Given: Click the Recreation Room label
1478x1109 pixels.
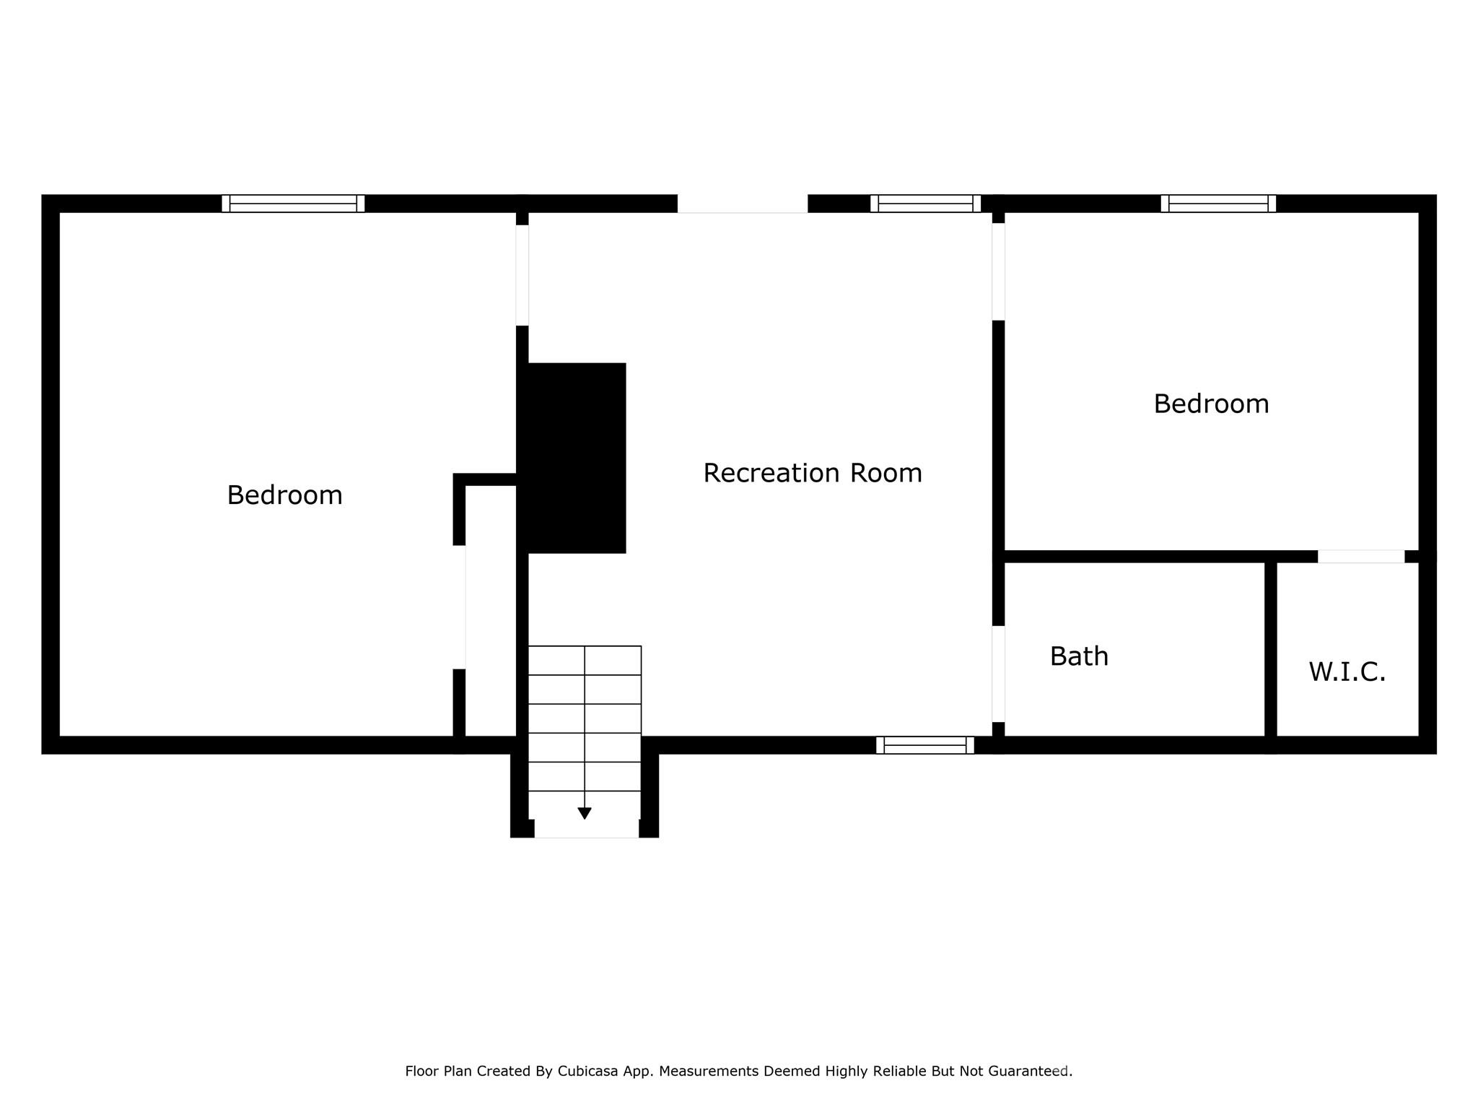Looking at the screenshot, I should pos(813,474).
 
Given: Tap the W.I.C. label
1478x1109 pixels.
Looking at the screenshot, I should pos(1347,672).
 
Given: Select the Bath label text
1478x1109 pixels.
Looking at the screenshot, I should pos(1079,656).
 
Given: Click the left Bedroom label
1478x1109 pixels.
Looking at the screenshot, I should pos(284,495).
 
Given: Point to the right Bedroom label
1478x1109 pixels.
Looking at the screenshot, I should pos(1211,404).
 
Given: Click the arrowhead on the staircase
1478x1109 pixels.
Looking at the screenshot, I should pos(585,814).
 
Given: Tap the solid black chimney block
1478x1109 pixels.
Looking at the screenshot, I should pos(576,458).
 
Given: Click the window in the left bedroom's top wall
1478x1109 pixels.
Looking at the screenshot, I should pos(293,204).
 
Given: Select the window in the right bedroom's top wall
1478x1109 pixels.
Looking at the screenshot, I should pos(1218,204).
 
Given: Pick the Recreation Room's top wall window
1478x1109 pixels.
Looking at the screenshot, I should pos(925,204).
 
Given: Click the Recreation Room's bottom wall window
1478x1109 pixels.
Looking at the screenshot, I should pos(925,745).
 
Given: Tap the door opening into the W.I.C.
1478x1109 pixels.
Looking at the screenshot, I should pos(1361,557).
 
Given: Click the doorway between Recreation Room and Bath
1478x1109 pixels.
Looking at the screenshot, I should pos(999,674).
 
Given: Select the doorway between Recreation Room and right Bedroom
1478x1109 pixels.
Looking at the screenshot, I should pos(999,271).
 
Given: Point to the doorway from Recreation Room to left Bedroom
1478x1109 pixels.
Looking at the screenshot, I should pos(522,275).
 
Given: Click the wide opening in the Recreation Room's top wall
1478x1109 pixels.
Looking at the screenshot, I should pos(742,204).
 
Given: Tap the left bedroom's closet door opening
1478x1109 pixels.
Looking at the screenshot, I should pos(459,607).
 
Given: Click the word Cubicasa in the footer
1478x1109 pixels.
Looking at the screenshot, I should pos(587,1071).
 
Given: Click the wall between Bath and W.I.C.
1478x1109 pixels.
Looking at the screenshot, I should pos(1271,650).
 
